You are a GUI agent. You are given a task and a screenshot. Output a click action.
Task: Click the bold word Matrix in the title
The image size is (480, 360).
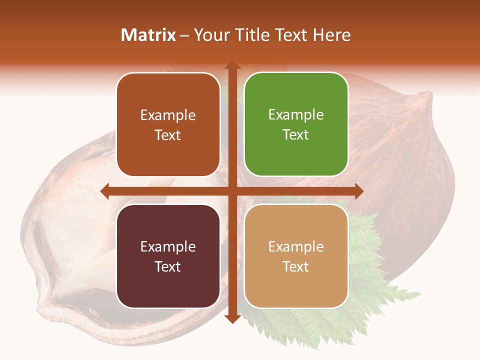coord(148,35)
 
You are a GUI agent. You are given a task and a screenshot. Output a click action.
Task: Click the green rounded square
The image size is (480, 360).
coord(296,124)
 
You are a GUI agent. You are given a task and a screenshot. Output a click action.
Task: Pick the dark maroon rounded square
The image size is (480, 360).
coord(168,256)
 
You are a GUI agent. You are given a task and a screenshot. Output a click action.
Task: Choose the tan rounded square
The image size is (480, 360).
coord(296,256)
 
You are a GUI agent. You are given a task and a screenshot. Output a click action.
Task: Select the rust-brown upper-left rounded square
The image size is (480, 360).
coord(168,124)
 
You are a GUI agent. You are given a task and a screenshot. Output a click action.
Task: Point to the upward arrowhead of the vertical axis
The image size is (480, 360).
coord(232,65)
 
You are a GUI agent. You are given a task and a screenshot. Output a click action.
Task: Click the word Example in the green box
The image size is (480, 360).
coord(296,115)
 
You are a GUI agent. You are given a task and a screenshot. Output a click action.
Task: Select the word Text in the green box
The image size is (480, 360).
coord(296,135)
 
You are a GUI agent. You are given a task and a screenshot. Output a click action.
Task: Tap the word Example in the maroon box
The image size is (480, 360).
coord(168,246)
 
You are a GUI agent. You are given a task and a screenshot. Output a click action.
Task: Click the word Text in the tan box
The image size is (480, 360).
coord(296,266)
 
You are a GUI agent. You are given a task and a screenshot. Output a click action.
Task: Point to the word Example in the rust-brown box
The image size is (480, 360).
coord(168,115)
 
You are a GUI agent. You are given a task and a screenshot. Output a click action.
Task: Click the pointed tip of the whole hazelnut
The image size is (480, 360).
coord(427,95)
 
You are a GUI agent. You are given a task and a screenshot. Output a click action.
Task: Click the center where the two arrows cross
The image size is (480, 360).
coord(232,191)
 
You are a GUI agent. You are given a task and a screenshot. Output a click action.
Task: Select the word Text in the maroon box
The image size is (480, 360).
coord(168,266)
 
